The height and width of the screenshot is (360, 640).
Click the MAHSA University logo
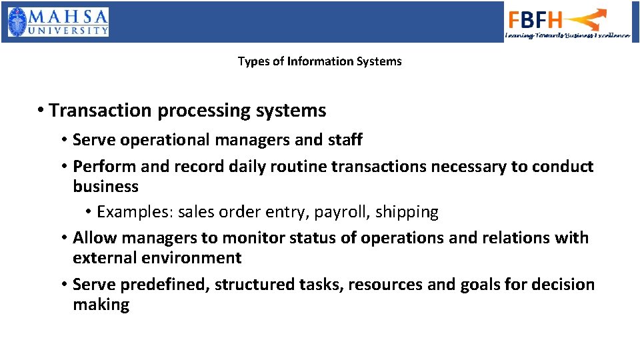pos(58,22)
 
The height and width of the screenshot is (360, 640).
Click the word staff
pos(344,140)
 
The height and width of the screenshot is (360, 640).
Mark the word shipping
pos(407,213)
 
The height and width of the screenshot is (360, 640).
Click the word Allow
pos(94,238)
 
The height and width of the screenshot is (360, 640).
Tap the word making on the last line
pos(101,305)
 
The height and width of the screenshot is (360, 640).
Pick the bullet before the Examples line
pos(89,213)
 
